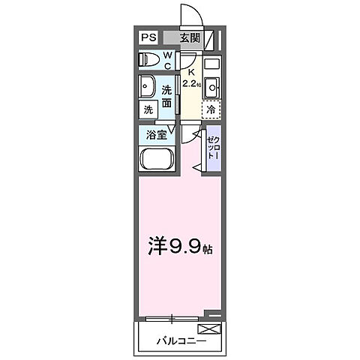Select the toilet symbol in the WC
pyautogui.click(x=147, y=60)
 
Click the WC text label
pyautogui.click(x=167, y=60)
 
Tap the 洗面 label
pyautogui.click(x=167, y=96)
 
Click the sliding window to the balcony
pyautogui.click(x=172, y=319)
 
